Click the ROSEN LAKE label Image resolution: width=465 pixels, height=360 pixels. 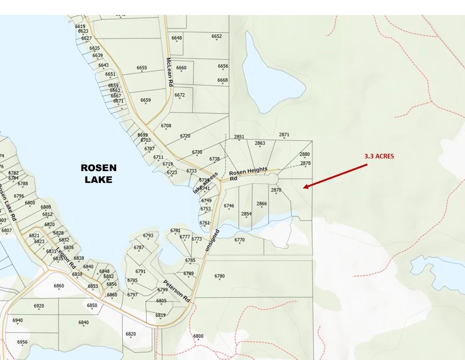click(98, 173)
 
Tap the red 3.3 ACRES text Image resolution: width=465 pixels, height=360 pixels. click(379, 156)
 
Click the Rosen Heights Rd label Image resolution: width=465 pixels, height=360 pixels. click(248, 173)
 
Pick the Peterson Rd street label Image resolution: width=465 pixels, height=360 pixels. click(177, 291)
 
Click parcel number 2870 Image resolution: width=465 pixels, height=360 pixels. click(276, 190)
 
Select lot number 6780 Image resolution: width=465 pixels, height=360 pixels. click(220, 276)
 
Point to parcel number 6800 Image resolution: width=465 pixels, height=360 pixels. click(198, 336)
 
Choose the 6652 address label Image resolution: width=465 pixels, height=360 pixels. click(216, 36)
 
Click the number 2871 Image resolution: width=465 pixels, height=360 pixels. click(284, 135)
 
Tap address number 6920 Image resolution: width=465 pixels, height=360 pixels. click(39, 306)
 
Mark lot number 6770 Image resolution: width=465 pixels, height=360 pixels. click(239, 240)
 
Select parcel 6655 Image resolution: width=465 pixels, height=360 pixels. click(142, 68)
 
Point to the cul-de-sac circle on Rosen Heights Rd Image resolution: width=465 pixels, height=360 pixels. click(272, 179)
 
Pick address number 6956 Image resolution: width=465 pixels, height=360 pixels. click(22, 342)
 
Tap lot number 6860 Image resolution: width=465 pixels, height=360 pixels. click(59, 286)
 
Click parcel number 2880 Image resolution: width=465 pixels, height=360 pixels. click(304, 154)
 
